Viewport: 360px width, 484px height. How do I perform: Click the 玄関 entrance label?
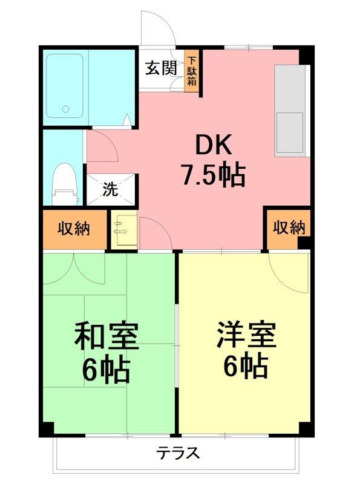click(160, 68)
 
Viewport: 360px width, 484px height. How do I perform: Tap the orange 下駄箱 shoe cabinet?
click(192, 71)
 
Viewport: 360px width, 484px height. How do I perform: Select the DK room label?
click(212, 146)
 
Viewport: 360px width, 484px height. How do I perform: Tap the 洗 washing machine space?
click(111, 189)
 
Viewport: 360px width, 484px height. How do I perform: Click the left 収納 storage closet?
click(74, 229)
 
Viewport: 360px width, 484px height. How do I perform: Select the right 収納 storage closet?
click(289, 228)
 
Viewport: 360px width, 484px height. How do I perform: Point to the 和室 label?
click(106, 336)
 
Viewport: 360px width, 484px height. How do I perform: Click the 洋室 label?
click(246, 335)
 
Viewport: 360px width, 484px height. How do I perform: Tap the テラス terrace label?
click(178, 453)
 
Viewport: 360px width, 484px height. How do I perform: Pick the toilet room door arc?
click(103, 145)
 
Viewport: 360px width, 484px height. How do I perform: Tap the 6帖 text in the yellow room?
click(246, 365)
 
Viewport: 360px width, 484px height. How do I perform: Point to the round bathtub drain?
click(65, 110)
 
